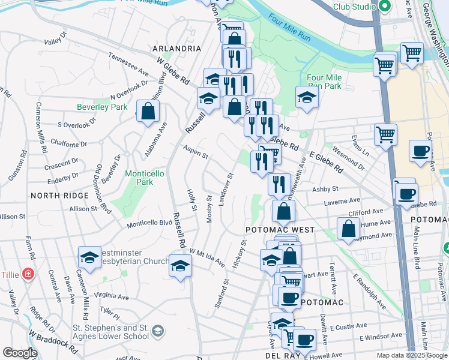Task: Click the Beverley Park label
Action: [102, 107]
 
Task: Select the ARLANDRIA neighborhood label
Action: [176, 48]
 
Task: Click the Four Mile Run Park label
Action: [324, 82]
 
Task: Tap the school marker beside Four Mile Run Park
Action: [306, 98]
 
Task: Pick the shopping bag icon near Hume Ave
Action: [348, 228]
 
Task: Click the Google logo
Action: [20, 353]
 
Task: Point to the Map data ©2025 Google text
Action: [412, 355]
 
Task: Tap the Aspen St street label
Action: [195, 152]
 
